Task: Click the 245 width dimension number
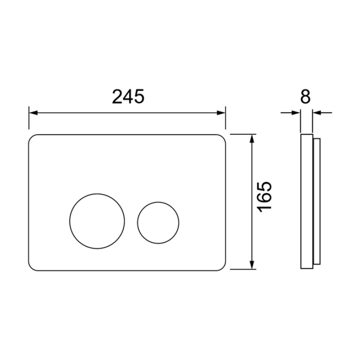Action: click(128, 96)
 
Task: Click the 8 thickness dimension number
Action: click(306, 96)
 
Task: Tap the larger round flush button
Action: click(97, 221)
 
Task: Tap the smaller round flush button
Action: click(158, 222)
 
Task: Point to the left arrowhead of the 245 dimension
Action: click(33, 113)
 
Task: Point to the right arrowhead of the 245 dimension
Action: click(221, 113)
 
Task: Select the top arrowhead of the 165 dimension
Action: click(253, 138)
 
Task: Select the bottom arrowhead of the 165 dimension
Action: click(253, 265)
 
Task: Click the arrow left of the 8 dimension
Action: click(291, 113)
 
